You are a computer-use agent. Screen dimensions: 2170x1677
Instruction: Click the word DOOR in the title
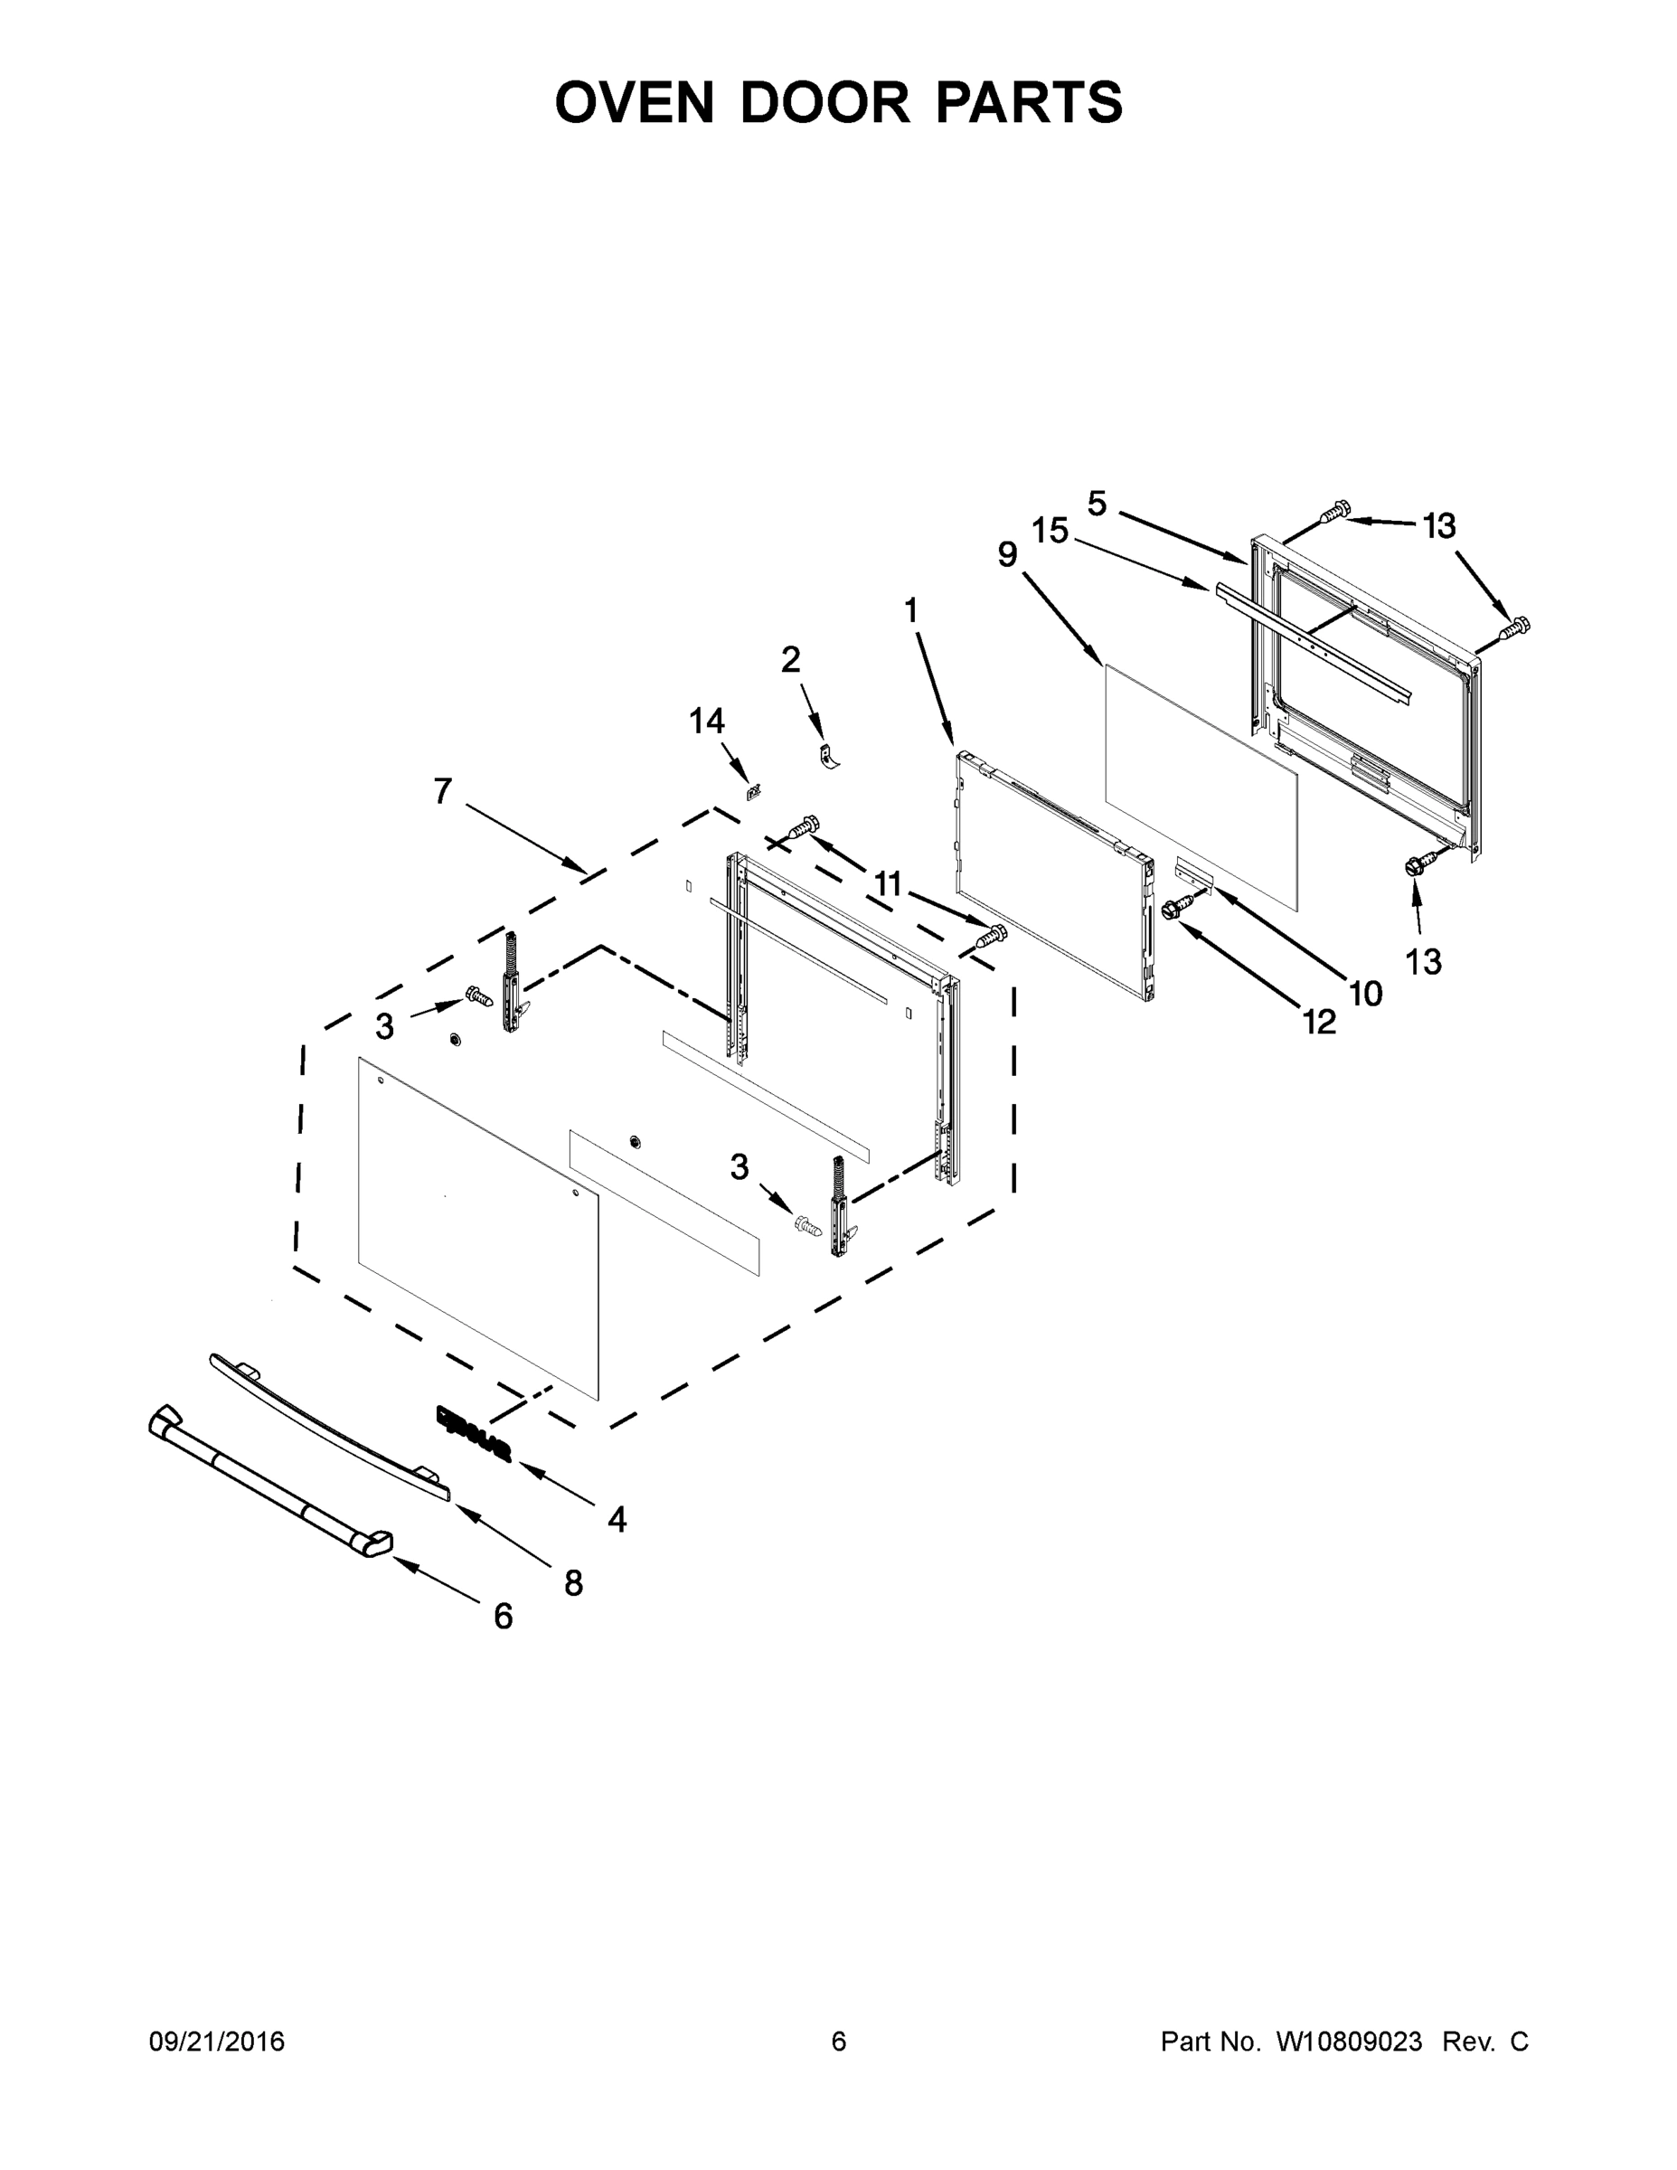(x=824, y=102)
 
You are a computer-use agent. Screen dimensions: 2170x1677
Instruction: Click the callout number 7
(x=443, y=791)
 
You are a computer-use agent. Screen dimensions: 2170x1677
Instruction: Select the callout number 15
(x=1049, y=532)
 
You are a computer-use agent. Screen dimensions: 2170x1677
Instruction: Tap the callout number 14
(x=706, y=722)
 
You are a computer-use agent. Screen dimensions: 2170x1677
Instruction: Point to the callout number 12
(x=1319, y=1022)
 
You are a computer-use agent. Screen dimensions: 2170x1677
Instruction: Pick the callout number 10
(x=1366, y=993)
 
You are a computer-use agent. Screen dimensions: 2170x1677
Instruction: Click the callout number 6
(x=504, y=1617)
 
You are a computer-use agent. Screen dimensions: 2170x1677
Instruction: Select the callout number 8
(x=573, y=1583)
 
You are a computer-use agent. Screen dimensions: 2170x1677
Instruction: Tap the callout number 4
(x=617, y=1519)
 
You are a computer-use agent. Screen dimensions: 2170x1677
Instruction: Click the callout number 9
(x=1007, y=554)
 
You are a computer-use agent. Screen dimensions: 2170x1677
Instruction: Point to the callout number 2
(x=791, y=660)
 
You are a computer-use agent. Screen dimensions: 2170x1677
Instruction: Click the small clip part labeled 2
(x=827, y=756)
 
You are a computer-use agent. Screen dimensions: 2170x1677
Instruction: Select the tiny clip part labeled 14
(x=754, y=792)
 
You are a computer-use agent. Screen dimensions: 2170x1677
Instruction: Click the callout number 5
(x=1097, y=504)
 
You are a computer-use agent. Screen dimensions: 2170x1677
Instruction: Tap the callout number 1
(x=911, y=611)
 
